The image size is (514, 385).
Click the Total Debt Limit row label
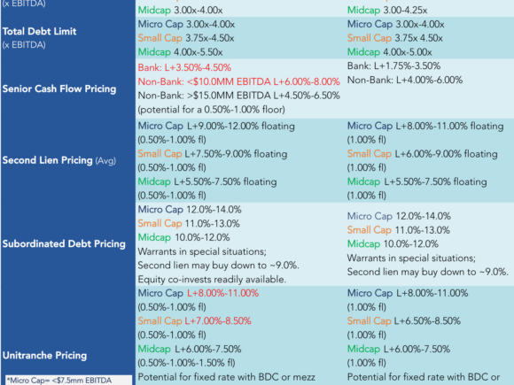39,32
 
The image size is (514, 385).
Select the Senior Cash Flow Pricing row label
59,89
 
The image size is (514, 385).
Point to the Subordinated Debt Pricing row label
64,244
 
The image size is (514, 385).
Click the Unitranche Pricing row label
44,355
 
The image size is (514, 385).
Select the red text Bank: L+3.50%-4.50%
184,68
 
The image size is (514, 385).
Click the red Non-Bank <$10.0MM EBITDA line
238,81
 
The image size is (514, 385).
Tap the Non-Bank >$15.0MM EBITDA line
238,96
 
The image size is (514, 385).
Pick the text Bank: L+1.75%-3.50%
393,66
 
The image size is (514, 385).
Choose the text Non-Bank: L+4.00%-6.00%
405,80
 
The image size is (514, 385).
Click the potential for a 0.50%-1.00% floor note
212,110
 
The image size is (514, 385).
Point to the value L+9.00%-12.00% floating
241,126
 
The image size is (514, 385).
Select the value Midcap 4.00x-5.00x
389,52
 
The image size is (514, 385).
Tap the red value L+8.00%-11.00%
223,293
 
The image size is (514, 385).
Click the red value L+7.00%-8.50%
218,320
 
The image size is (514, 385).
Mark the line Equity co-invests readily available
212,280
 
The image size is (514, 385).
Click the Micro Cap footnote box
68,380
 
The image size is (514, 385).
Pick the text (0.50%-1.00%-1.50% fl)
186,363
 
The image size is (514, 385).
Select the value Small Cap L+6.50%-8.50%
404,320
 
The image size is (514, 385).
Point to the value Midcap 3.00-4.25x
387,10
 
